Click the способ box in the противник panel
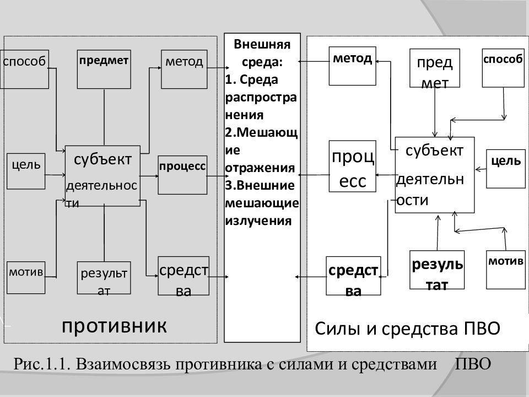tap(24, 69)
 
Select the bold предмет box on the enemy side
tap(104, 69)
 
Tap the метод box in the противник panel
tap(184, 69)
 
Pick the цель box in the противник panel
tap(26, 171)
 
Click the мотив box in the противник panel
tap(26, 277)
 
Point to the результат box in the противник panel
tap(104, 278)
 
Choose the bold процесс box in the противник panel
tap(182, 175)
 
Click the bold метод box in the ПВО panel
tap(353, 66)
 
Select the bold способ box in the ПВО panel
tap(503, 68)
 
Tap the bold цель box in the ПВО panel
tap(506, 169)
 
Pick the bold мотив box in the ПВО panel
tap(506, 270)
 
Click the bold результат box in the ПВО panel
tap(437, 270)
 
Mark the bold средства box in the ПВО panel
tap(354, 276)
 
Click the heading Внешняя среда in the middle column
tap(262, 53)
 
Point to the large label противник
tap(115, 326)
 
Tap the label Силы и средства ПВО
tap(408, 328)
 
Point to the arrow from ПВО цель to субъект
tap(481, 169)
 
